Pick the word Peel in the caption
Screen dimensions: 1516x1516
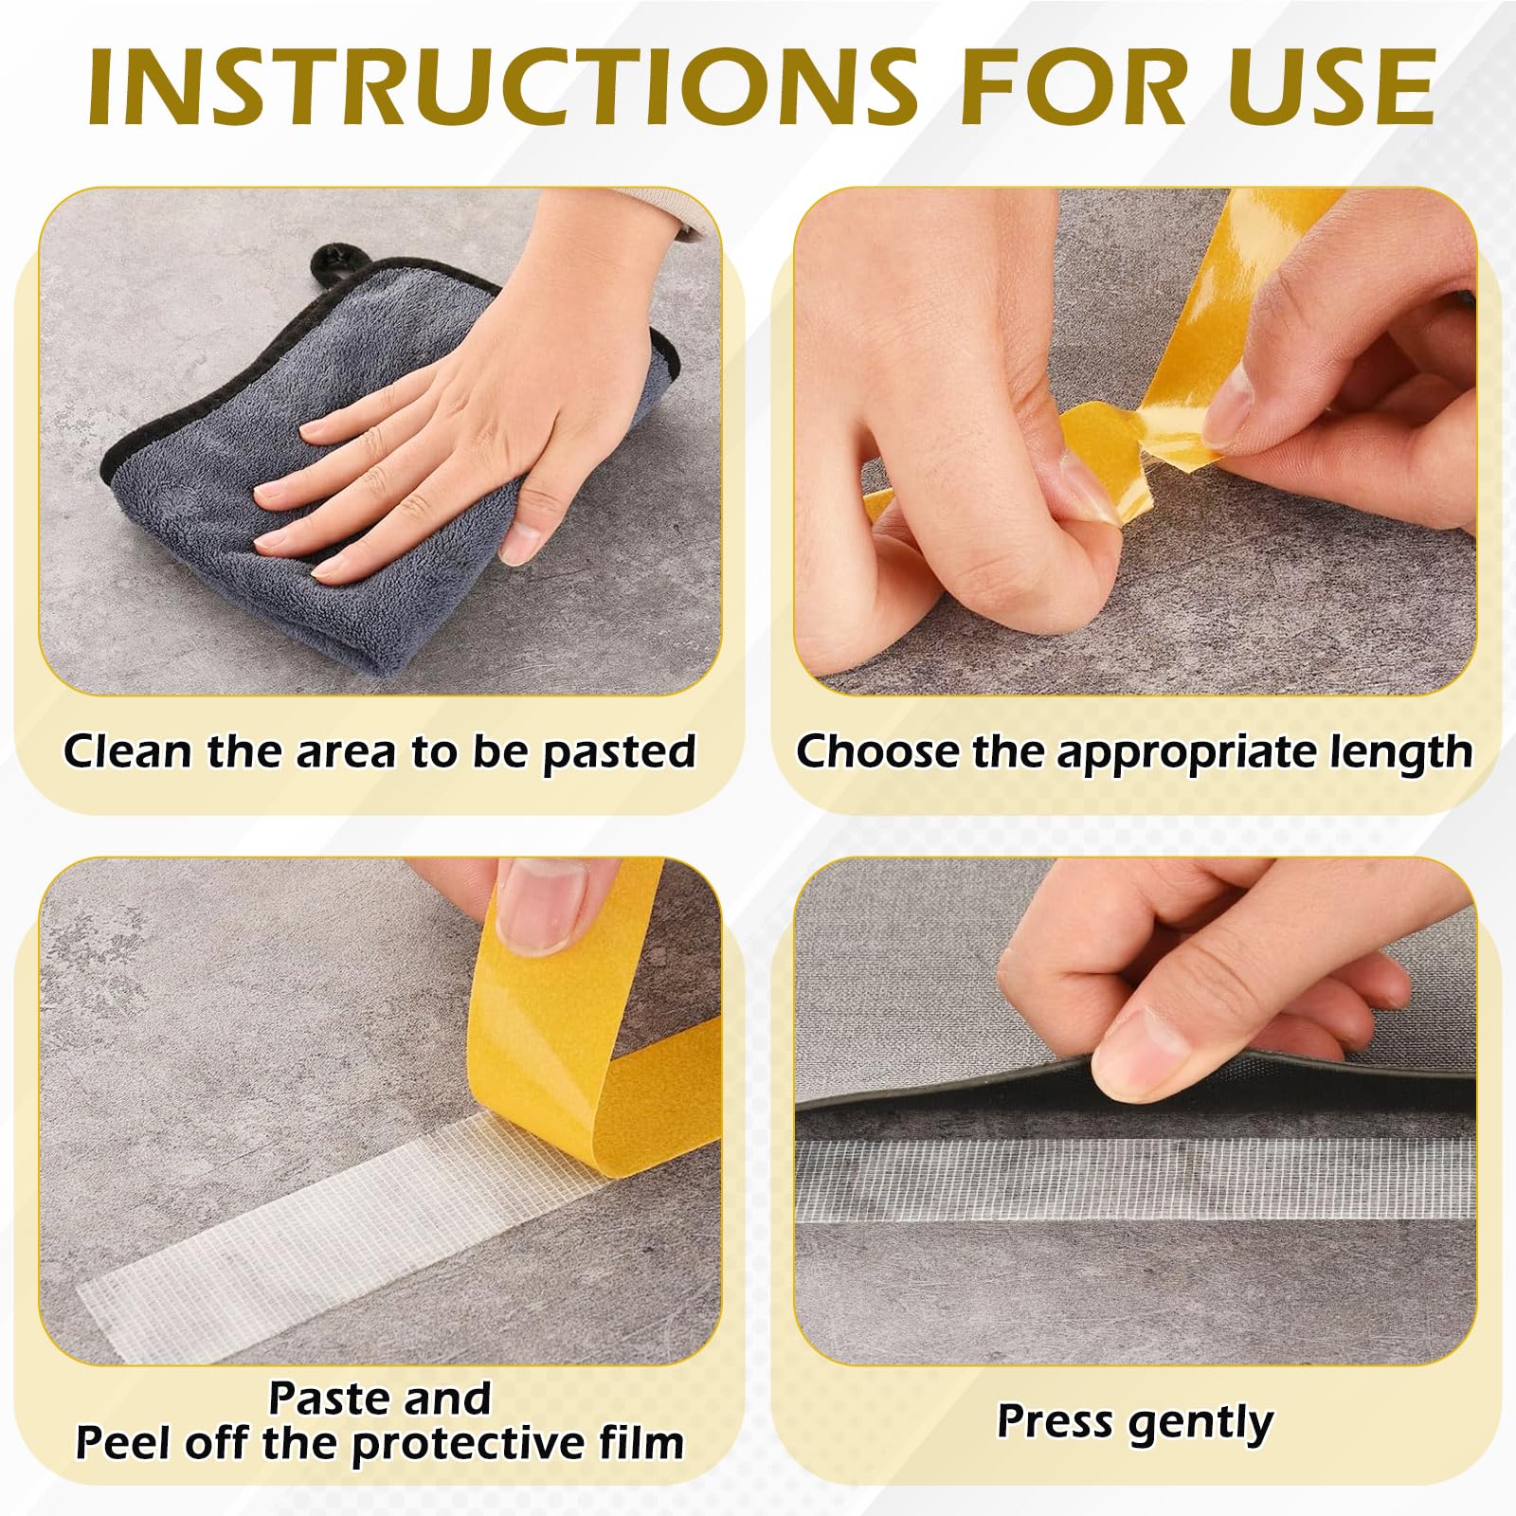click(122, 1443)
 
